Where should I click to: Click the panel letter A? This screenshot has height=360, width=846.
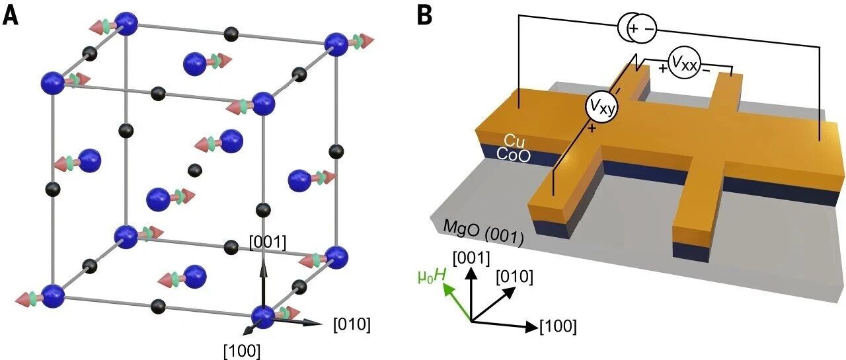[x=10, y=17]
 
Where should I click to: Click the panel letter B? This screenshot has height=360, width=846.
[x=424, y=17]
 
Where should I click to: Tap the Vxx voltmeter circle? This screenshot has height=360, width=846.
[x=684, y=64]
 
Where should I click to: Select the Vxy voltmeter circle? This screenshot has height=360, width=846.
[x=601, y=107]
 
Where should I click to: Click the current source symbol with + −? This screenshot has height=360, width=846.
[x=638, y=28]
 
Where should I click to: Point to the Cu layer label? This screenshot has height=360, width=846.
[x=514, y=141]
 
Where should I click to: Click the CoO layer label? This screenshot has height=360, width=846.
[x=514, y=155]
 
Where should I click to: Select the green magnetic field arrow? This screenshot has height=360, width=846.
[x=457, y=303]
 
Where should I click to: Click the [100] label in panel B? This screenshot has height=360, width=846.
[x=558, y=326]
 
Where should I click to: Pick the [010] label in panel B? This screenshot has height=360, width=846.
[x=515, y=277]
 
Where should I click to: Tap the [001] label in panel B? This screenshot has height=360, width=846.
[x=471, y=258]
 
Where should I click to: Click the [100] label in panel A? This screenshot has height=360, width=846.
[x=242, y=351]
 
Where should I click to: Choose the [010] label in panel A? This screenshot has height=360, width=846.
[x=352, y=324]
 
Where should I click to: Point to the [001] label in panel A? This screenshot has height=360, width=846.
[x=268, y=242]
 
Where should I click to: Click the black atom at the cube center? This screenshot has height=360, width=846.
[x=195, y=171]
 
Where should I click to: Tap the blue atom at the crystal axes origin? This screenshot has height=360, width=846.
[x=263, y=317]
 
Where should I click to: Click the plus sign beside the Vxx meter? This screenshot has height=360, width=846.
[x=663, y=68]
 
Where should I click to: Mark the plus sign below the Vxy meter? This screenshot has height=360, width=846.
[x=592, y=129]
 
